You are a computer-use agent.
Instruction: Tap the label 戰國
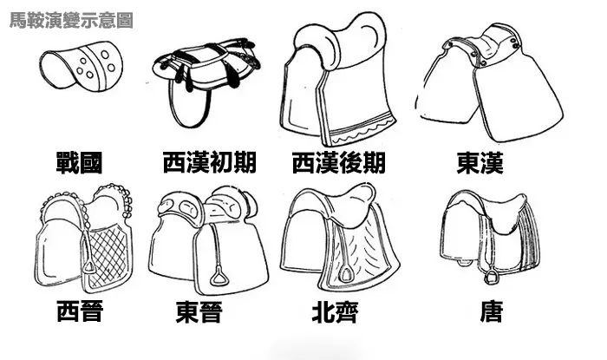(82, 162)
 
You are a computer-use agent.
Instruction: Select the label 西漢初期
(207, 162)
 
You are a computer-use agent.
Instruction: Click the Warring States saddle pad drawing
(80, 68)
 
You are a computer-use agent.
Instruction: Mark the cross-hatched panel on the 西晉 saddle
(108, 252)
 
